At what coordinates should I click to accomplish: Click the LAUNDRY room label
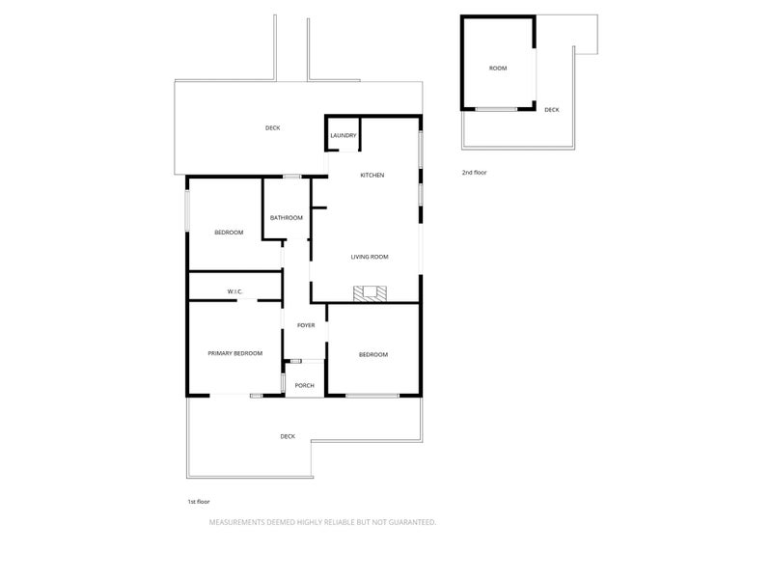pos(344,135)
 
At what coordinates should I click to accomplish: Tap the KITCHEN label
pos(372,176)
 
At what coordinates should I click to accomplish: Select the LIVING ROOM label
pos(370,257)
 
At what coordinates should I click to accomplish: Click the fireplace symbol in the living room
pos(370,293)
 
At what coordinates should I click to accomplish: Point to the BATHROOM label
pos(286,218)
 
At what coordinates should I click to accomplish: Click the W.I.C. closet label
pos(234,292)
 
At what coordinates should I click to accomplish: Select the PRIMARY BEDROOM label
pos(234,353)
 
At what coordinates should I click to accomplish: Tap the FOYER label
pos(306,325)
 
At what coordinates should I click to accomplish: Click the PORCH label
pos(304,385)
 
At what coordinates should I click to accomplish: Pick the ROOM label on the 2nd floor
pos(498,69)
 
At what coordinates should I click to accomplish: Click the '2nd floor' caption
pos(474,173)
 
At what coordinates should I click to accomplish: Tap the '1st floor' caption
pos(199,502)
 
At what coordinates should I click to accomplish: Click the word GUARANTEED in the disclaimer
pos(412,522)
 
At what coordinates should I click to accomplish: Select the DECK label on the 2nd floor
pos(551,110)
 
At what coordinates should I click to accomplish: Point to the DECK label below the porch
pos(288,437)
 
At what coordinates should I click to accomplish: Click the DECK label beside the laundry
pos(272,128)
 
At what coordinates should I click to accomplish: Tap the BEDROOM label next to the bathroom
pos(229,233)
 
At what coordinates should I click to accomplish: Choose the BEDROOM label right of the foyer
pos(373,355)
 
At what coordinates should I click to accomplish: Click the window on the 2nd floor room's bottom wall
pos(496,109)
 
